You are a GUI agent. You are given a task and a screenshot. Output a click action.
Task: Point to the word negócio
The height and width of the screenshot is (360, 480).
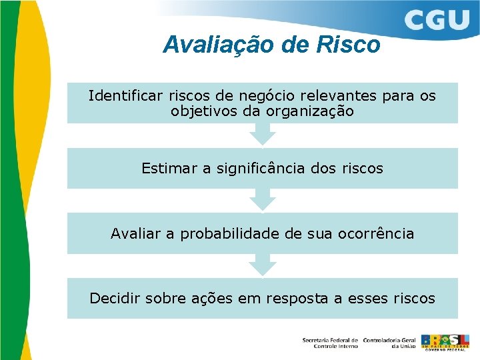coord(250,96)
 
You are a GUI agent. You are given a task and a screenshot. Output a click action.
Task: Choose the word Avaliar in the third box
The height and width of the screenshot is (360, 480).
coord(136,234)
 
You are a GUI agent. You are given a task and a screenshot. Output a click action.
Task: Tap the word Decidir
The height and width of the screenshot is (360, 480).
coord(114,298)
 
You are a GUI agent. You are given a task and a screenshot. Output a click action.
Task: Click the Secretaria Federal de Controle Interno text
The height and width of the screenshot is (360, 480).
coord(330,343)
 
